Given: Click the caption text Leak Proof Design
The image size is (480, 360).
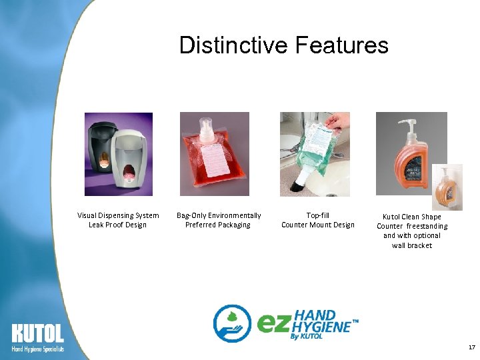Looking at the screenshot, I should (x=117, y=225).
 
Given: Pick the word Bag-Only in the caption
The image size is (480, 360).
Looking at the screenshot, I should (x=191, y=215).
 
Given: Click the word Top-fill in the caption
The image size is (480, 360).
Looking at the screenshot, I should (x=317, y=215).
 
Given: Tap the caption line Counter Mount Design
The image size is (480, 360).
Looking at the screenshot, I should (x=317, y=225).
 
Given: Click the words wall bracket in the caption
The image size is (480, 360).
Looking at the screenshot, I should (x=412, y=245).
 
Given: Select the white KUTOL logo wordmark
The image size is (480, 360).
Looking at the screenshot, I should (x=37, y=334).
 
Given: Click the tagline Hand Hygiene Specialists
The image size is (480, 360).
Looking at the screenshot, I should (x=37, y=349).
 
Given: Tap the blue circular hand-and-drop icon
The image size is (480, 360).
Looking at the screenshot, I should (x=231, y=323).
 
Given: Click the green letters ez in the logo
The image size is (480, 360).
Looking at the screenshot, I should (x=273, y=324).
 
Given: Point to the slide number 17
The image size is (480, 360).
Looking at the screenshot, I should (x=471, y=347).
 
